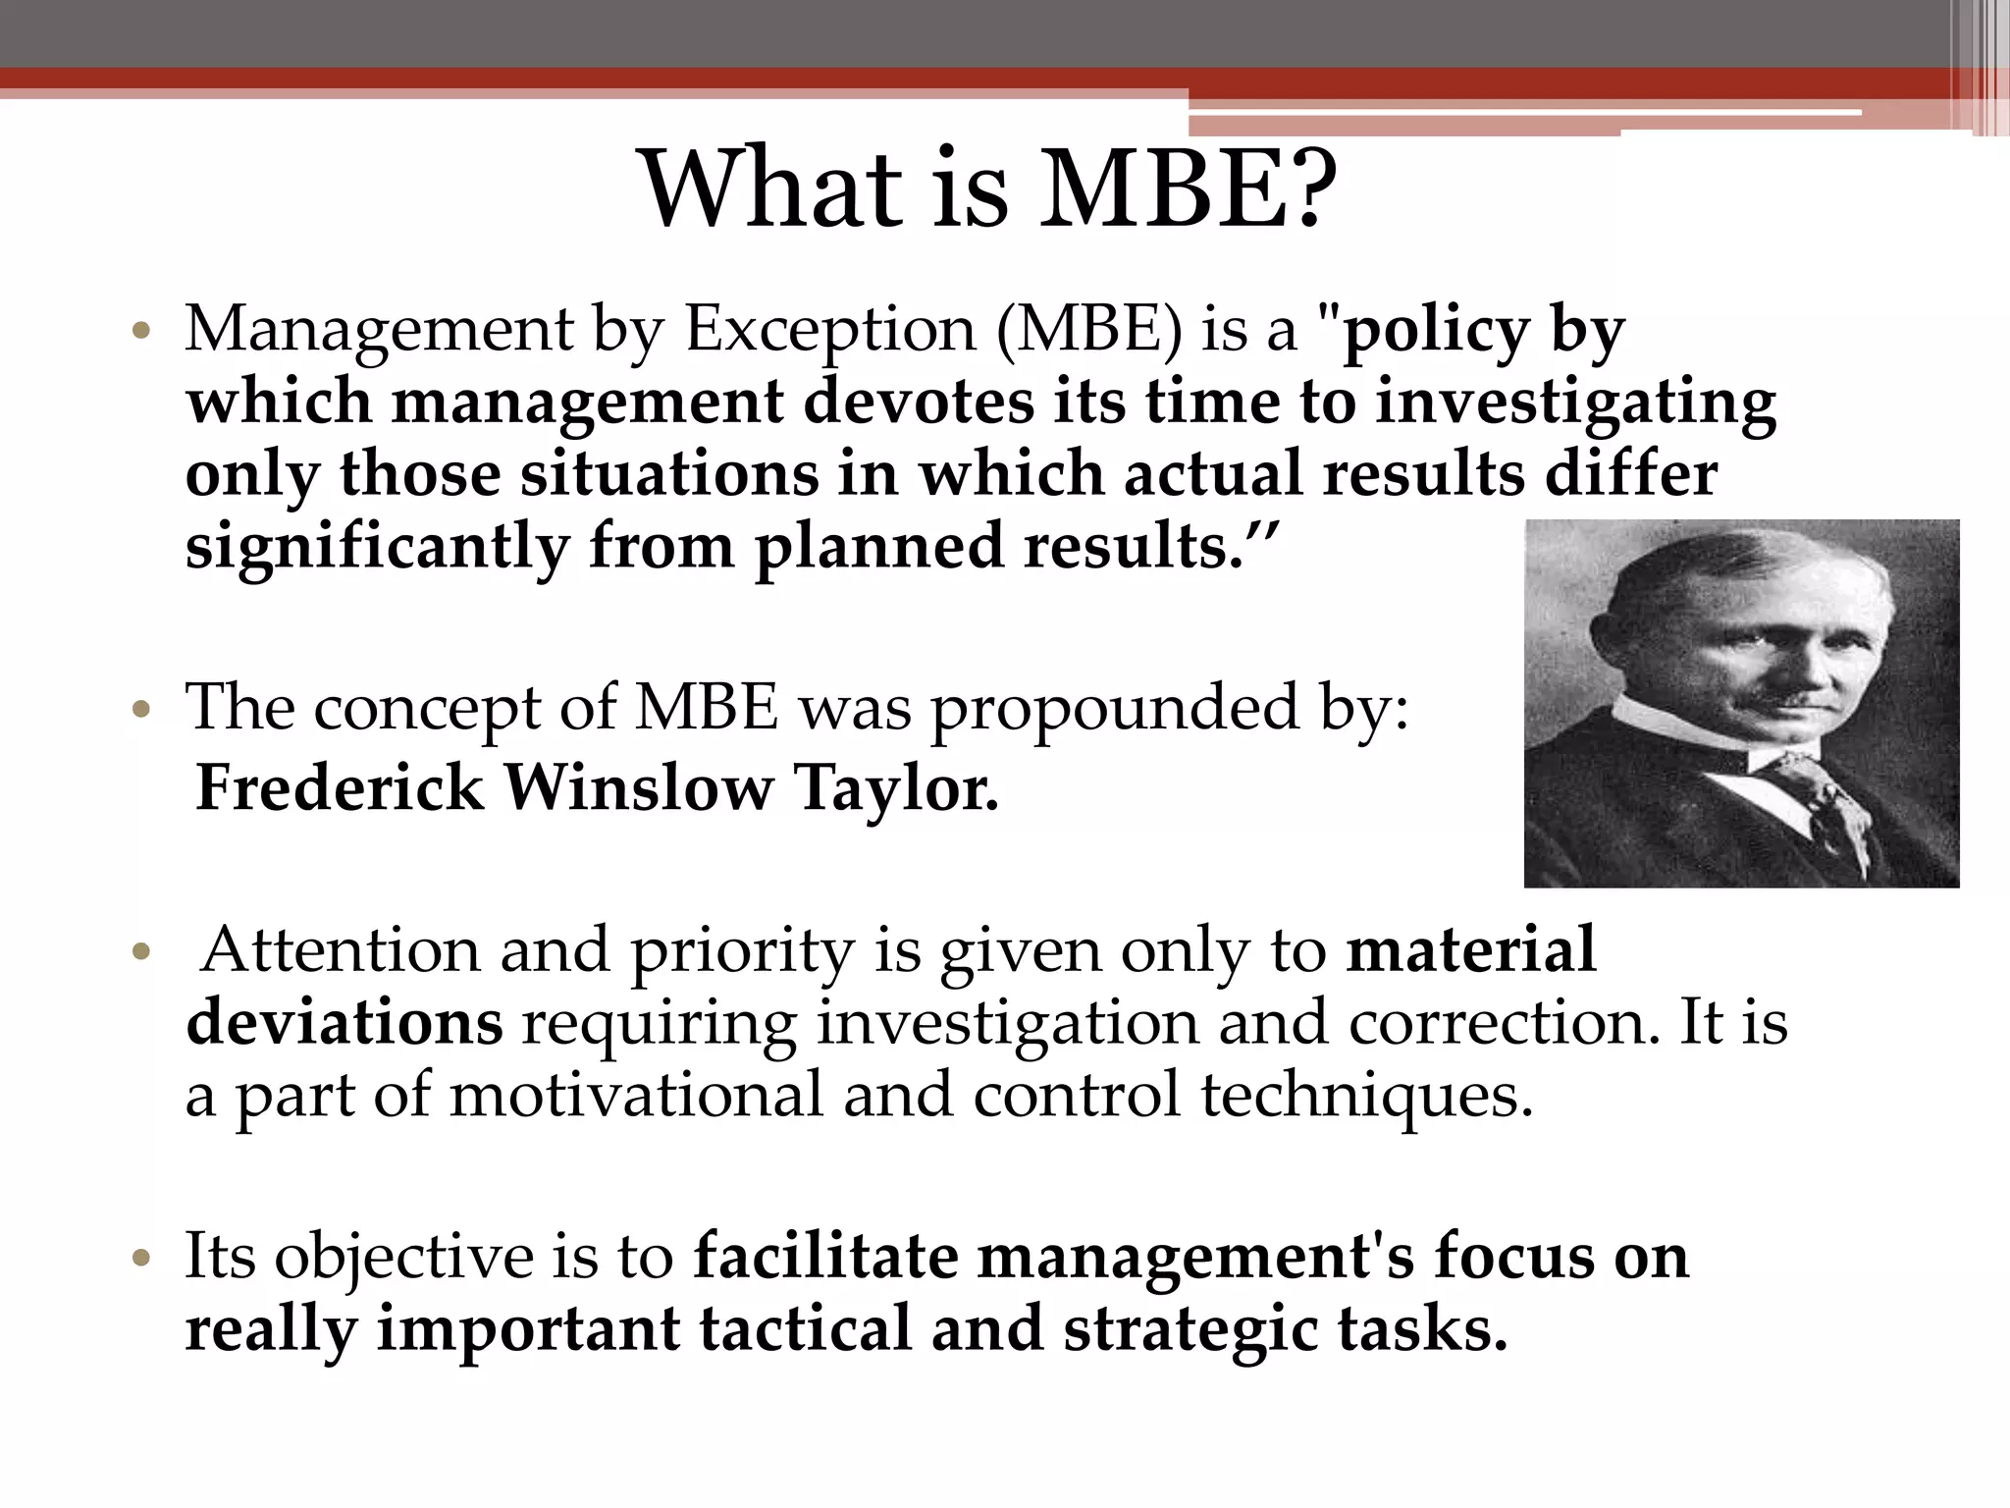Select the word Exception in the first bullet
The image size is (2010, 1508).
point(829,330)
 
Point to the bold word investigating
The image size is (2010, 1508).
point(1575,404)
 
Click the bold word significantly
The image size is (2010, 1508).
point(377,548)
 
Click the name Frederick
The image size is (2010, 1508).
point(340,787)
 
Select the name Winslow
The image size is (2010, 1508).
point(638,787)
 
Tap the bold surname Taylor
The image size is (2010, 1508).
point(895,789)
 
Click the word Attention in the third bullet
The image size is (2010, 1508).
point(340,950)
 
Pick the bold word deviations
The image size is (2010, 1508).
point(344,1023)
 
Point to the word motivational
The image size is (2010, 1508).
point(636,1094)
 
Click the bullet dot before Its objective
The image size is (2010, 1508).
point(142,1258)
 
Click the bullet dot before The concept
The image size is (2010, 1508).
point(142,709)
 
